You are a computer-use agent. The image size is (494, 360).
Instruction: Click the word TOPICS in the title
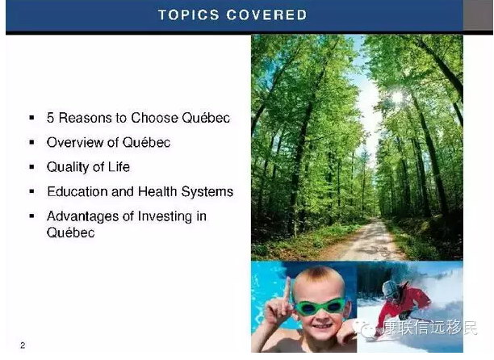coord(188,15)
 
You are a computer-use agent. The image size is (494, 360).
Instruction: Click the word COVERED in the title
coord(266,15)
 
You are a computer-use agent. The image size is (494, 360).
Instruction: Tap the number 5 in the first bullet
coord(50,118)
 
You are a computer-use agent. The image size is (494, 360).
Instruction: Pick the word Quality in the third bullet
coord(68,167)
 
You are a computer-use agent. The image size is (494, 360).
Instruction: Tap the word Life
coord(119,167)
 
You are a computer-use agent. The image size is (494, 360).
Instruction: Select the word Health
coord(157,191)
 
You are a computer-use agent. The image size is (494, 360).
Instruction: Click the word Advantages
coord(82,216)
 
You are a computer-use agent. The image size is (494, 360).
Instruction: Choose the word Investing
coord(165,216)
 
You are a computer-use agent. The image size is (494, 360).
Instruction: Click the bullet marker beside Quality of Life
coord(31,167)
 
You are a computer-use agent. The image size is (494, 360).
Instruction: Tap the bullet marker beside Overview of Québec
coord(31,142)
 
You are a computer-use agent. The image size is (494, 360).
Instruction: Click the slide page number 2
coord(23,345)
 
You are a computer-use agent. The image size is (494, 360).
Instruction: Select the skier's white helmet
coord(390,288)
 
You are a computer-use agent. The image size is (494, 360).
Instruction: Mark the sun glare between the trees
coord(397,96)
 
